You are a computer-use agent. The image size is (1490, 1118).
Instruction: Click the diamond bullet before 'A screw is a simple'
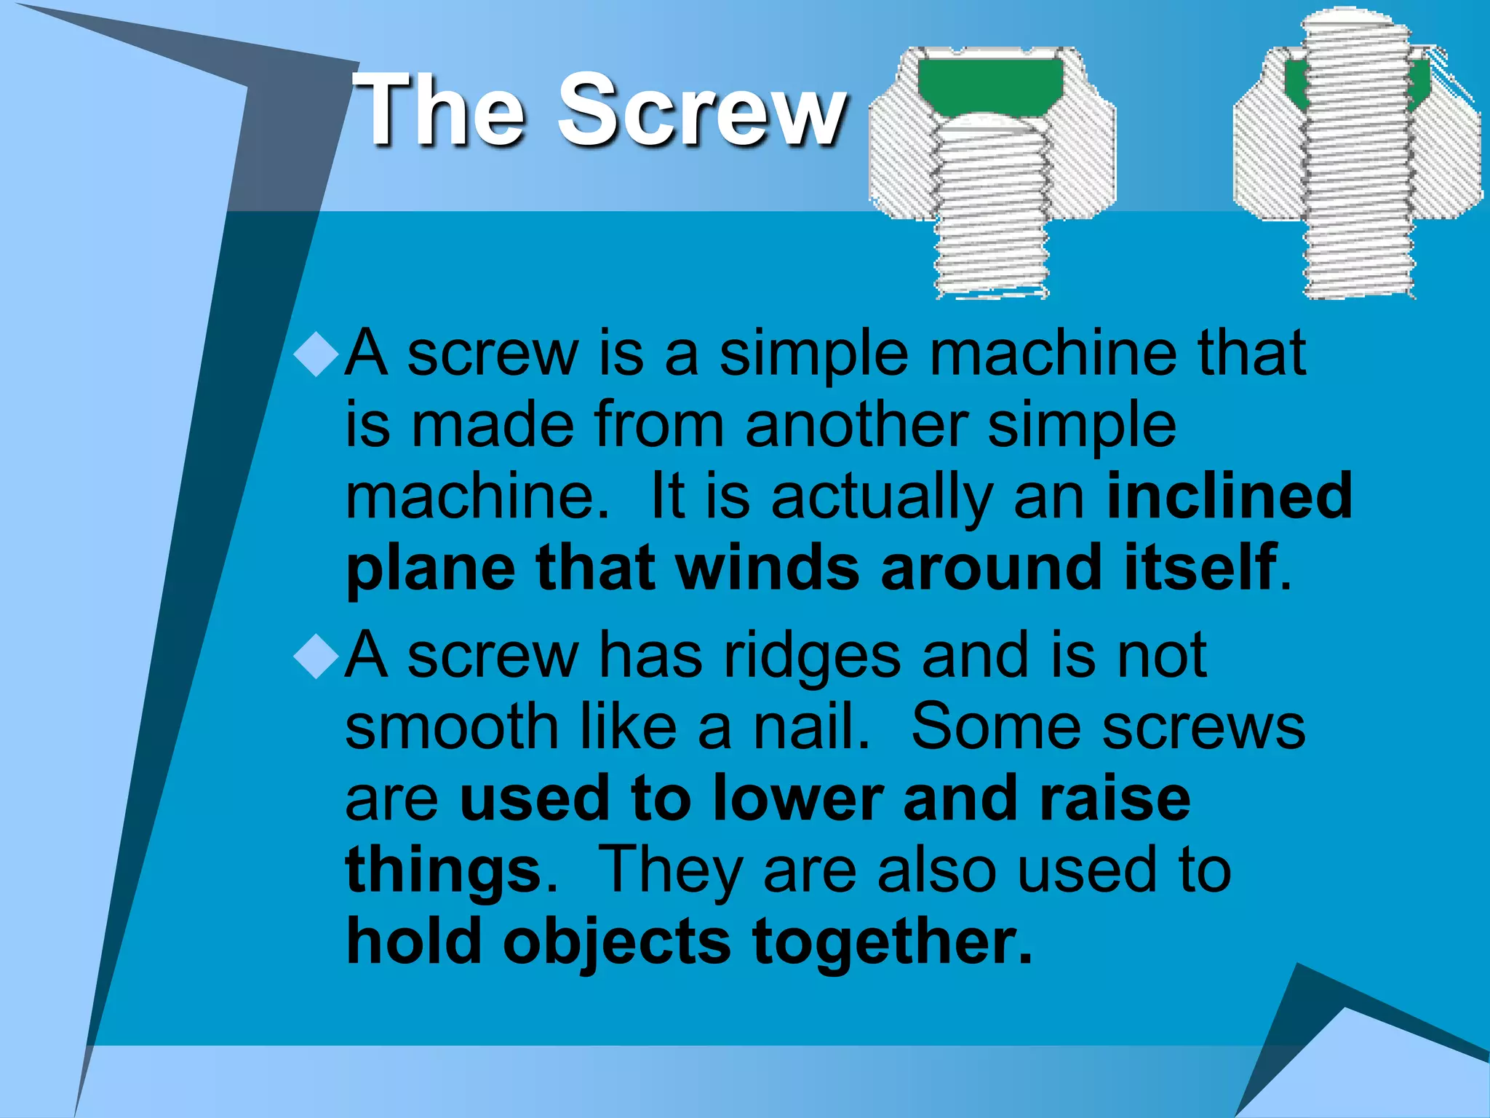(x=316, y=354)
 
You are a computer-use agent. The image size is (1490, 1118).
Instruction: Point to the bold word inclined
(x=1229, y=496)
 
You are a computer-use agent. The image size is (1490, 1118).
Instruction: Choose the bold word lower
(x=797, y=798)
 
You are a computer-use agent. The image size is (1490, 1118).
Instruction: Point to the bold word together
(x=892, y=941)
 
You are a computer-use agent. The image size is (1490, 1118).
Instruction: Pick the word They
(x=669, y=870)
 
